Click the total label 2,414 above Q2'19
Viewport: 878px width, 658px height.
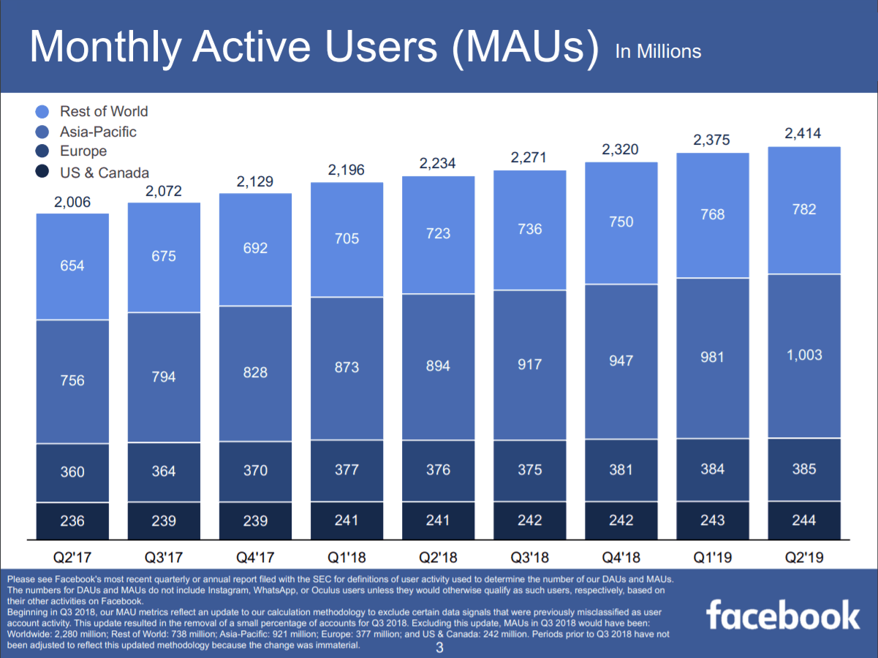803,133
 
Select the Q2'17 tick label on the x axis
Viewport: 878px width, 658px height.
72,557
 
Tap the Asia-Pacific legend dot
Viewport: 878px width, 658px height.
42,132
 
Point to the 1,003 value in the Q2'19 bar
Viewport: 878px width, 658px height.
803,355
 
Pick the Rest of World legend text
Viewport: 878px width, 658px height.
104,111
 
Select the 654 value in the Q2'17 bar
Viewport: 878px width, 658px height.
72,266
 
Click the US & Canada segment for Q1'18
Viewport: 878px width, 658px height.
347,521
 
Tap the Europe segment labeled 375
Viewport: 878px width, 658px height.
529,470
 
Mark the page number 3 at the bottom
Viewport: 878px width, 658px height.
439,648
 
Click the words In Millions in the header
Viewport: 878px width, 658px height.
658,51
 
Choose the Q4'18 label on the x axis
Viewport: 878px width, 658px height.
621,557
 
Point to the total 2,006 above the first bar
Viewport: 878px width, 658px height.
72,202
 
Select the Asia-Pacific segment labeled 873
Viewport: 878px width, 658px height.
347,367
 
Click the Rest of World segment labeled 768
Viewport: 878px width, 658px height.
712,214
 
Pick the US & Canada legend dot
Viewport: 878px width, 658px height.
42,173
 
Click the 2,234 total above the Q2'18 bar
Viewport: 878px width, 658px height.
437,164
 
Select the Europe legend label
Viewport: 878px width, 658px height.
83,151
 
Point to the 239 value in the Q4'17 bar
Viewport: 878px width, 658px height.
255,521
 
